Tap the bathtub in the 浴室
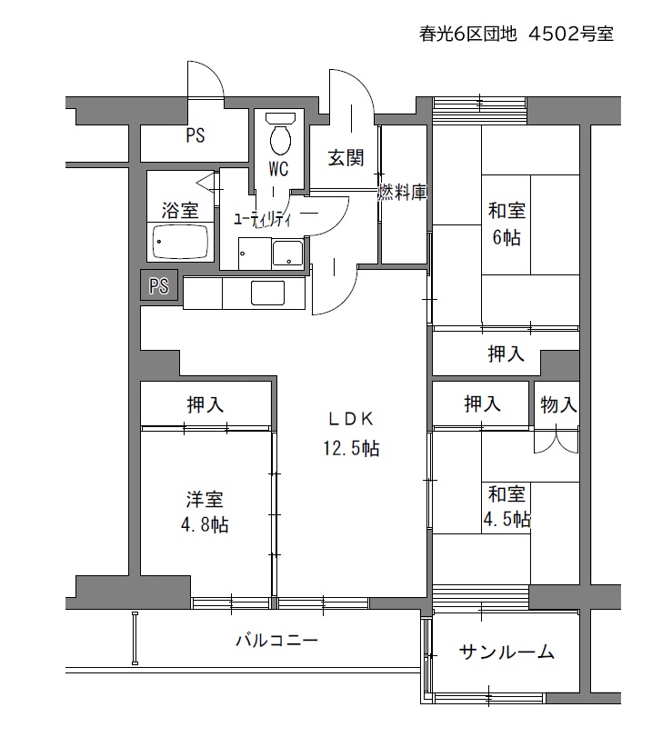point(180,241)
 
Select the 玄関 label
point(346,158)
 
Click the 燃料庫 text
point(403,193)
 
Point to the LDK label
point(351,418)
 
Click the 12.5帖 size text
point(351,448)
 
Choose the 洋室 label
point(205,499)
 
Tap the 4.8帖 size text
point(205,524)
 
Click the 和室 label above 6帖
point(507,210)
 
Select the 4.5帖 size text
point(507,520)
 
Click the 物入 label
point(558,404)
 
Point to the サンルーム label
point(507,652)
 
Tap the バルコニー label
point(277,640)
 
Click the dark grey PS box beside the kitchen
point(159,285)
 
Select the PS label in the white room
point(196,135)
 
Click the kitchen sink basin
point(267,294)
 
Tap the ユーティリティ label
point(263,220)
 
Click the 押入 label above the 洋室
point(205,404)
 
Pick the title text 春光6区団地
point(468,34)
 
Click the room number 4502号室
point(571,34)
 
